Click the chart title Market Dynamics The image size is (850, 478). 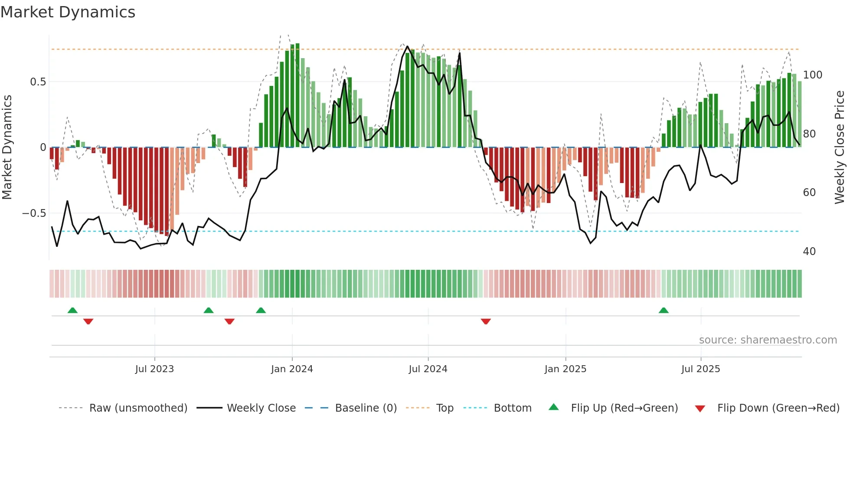point(68,12)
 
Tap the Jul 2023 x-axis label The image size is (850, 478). point(154,369)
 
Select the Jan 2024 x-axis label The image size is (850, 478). point(292,369)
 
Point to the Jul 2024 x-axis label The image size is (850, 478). point(428,369)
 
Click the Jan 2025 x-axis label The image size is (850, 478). point(566,369)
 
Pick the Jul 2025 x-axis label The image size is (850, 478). point(701,369)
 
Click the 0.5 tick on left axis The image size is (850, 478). point(38,82)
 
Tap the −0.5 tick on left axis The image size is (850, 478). point(34,213)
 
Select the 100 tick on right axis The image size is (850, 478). point(813,75)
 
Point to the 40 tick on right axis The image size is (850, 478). point(809,252)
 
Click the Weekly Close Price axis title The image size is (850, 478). point(840,147)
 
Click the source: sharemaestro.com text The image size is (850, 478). point(768,340)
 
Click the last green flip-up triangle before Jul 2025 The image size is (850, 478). point(664,311)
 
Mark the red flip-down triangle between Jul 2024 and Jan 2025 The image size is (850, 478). point(486,321)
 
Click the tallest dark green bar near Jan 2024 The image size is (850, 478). point(297,95)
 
